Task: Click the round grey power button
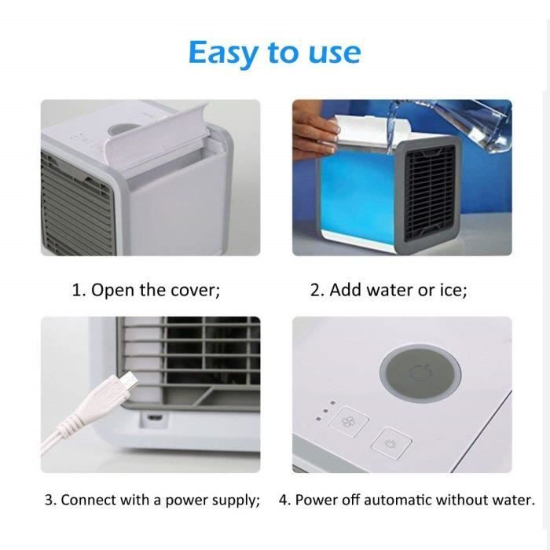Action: click(420, 372)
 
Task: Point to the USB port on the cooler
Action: click(154, 417)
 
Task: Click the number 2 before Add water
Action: click(314, 290)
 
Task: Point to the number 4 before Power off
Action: click(284, 500)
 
